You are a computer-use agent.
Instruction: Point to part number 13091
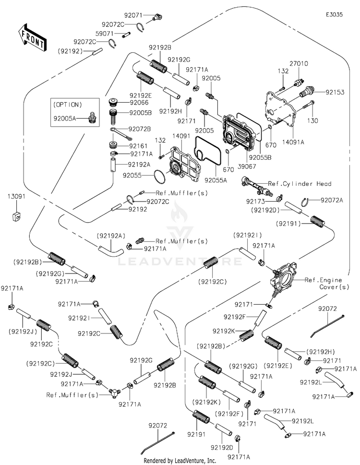tap(16, 196)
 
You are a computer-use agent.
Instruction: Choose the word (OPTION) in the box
tap(68, 104)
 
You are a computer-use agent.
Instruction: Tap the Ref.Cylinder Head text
tap(300, 184)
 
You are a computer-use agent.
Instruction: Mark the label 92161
tap(138, 144)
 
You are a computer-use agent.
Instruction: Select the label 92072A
tap(332, 200)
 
